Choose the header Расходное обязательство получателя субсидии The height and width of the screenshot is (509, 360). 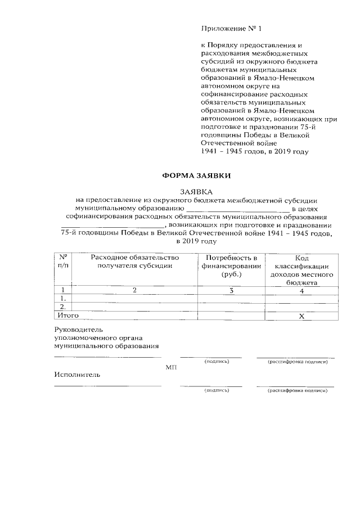(134, 261)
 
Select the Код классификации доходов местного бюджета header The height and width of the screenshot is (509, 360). (301, 269)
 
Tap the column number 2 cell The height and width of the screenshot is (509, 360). (134, 290)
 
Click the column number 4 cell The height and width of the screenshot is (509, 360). (301, 291)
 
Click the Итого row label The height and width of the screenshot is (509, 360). (66, 316)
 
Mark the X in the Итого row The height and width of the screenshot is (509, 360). (301, 316)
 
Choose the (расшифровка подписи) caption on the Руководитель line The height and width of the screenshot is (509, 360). (298, 361)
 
